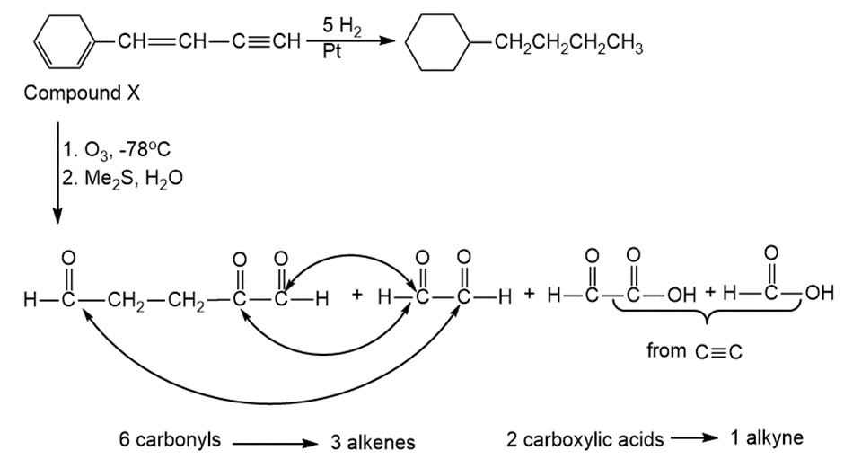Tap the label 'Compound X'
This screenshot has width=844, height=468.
tap(82, 93)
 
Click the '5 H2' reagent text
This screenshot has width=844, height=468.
tap(341, 26)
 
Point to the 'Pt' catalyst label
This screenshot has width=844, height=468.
tap(331, 52)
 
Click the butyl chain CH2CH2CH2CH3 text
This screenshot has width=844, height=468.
tap(568, 42)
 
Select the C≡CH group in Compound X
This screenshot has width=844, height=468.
tap(267, 41)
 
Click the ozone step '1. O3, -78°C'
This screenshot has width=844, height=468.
tap(117, 149)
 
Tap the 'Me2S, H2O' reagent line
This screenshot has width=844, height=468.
tap(134, 178)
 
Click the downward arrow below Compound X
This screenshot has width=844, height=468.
tap(57, 172)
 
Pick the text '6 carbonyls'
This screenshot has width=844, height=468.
tap(170, 439)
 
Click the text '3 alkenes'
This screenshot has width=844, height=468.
tap(373, 443)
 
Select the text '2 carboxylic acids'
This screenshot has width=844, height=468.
tap(585, 439)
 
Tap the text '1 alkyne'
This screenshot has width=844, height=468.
tap(767, 437)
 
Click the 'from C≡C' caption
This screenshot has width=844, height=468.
tap(694, 351)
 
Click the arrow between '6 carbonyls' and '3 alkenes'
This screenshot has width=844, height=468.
tap(276, 443)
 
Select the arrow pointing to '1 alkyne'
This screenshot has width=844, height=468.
tap(694, 437)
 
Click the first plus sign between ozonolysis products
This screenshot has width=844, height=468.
tap(356, 294)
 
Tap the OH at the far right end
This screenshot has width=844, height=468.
tap(820, 293)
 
